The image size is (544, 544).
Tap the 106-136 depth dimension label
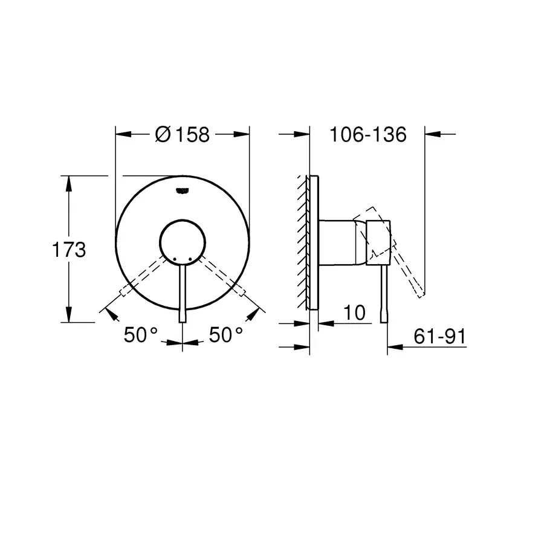point(368,134)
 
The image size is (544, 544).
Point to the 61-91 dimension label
point(440,337)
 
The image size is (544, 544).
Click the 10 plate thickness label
point(355,312)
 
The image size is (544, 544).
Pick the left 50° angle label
point(140,334)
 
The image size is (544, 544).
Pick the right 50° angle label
point(226,334)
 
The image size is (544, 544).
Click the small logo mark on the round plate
point(181,191)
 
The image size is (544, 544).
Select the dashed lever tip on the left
point(124,294)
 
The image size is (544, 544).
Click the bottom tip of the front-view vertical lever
point(182,320)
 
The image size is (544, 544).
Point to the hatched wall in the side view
point(302,242)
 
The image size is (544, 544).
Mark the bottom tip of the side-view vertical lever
point(383,320)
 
